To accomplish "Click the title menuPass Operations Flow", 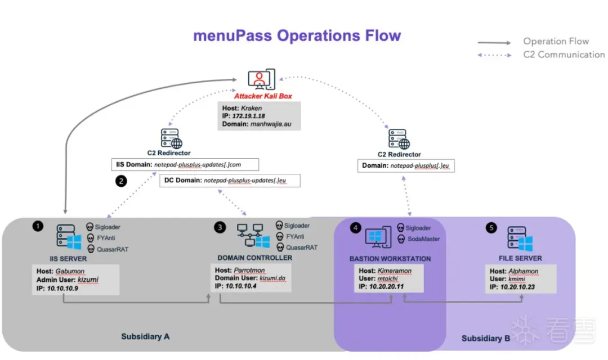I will (297, 36).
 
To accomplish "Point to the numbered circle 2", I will (120, 181).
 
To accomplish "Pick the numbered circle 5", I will (491, 228).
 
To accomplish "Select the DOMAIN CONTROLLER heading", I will (254, 258).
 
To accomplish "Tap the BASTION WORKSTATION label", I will (390, 259).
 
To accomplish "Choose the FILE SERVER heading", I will (520, 258).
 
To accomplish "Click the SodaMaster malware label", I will (423, 239).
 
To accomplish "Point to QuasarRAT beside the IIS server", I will (113, 249).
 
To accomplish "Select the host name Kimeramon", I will (394, 271).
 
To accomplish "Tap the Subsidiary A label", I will (145, 337).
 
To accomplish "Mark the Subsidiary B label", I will (486, 339).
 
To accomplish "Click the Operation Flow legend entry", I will (556, 41).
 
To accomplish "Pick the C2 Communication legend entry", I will (564, 55).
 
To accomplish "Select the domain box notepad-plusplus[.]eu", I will (406, 166).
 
